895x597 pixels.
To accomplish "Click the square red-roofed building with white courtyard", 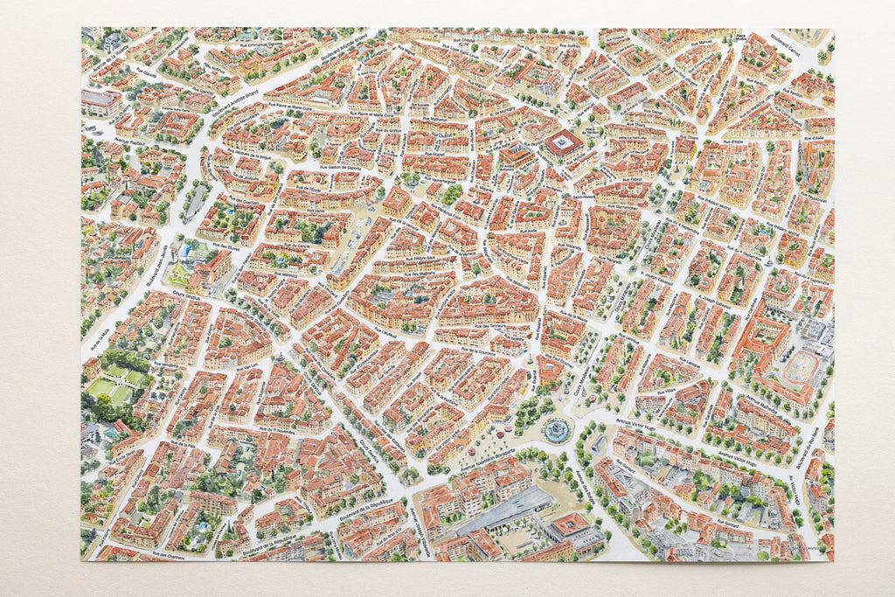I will coord(564,143).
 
